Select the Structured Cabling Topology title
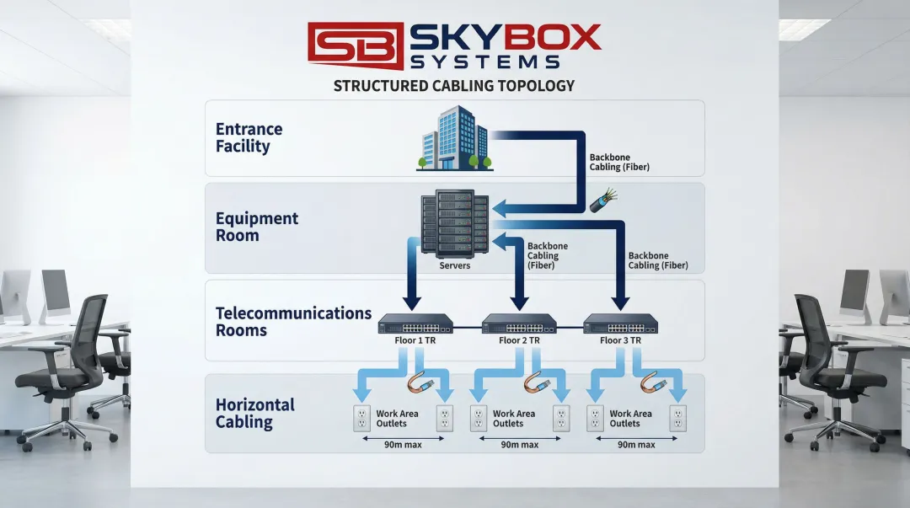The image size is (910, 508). tap(454, 86)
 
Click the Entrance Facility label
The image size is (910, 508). tap(249, 138)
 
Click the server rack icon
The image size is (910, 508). tap(455, 225)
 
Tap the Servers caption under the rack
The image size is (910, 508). tap(455, 265)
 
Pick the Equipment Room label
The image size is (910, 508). tap(256, 227)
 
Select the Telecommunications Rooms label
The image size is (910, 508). tap(293, 321)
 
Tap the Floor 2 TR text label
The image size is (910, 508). tap(518, 341)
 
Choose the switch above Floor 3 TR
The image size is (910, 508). tap(621, 324)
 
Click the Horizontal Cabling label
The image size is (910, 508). tap(254, 414)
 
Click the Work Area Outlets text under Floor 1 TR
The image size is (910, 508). tap(397, 419)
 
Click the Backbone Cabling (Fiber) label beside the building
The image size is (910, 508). tap(619, 162)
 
